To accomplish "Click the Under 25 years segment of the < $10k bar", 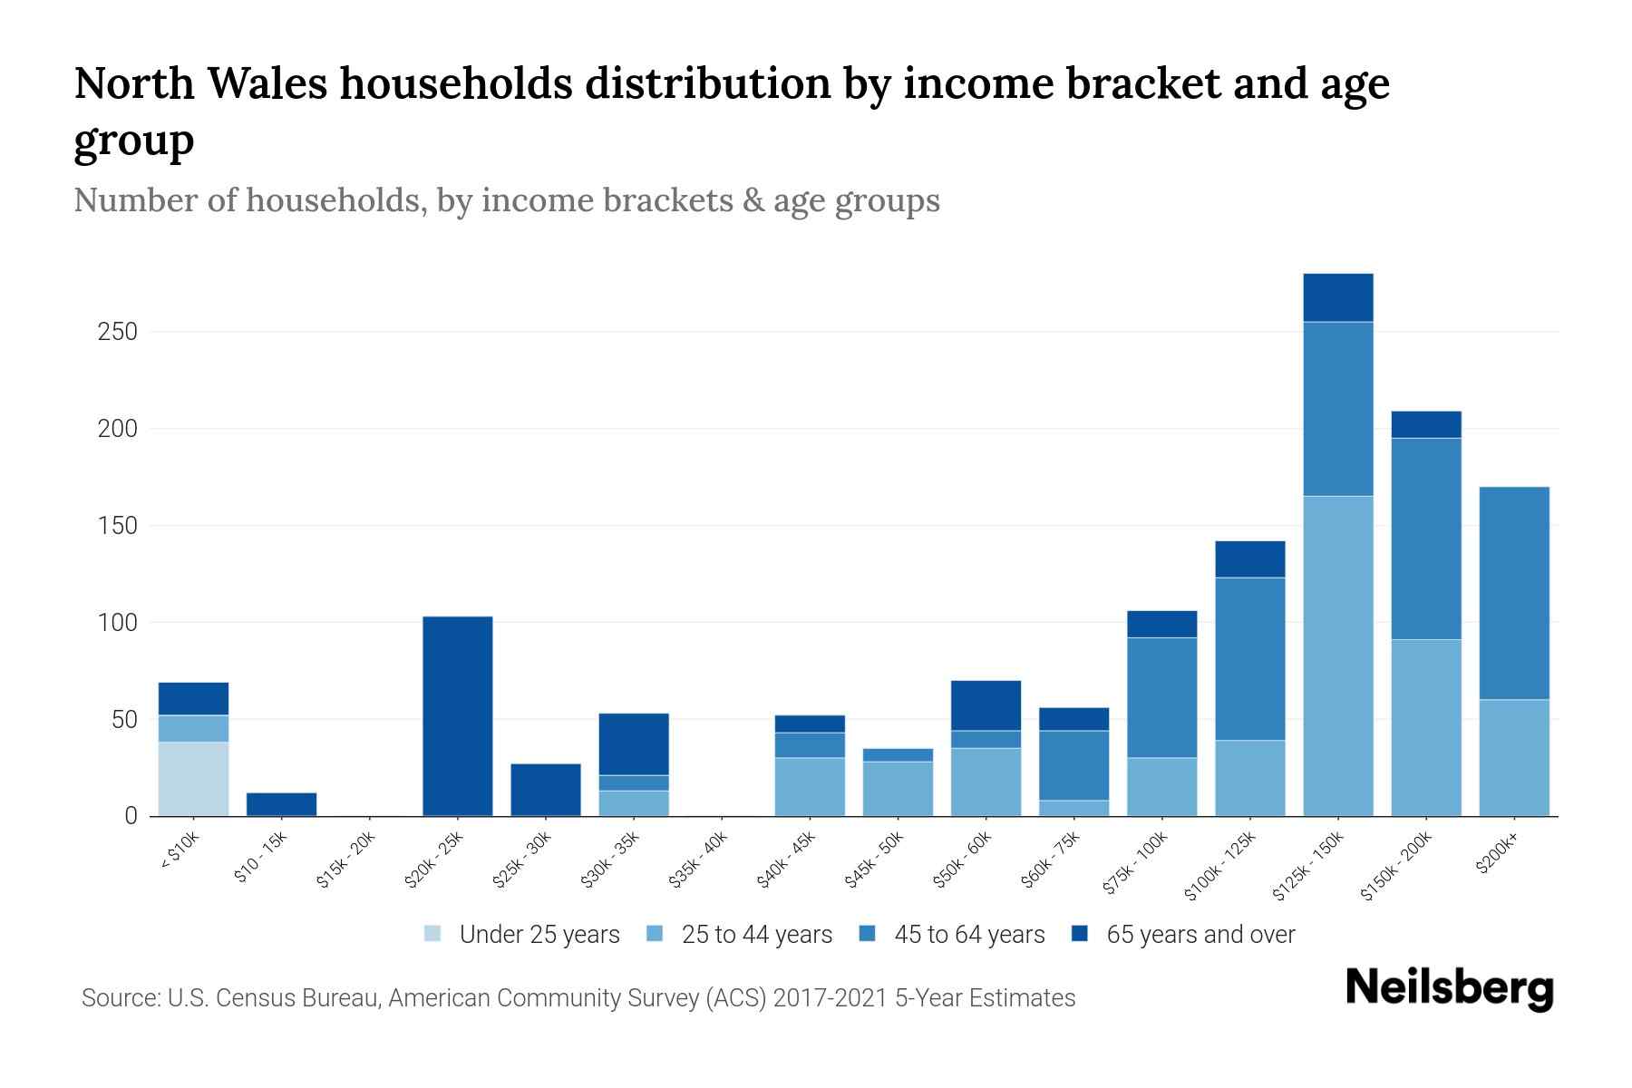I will click(193, 779).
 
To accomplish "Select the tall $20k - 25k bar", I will click(458, 716).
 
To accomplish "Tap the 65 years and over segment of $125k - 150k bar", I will click(1338, 297).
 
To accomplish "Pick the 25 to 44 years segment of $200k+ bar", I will click(1514, 757).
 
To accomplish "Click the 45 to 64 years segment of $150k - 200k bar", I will click(1426, 539).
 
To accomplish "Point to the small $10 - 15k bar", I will click(281, 804).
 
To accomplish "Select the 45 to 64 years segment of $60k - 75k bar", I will click(1073, 765).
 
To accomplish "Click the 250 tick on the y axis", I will click(118, 332).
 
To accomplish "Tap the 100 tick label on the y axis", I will click(118, 623).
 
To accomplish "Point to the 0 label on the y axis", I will click(131, 816).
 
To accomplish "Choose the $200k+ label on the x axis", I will click(1498, 856).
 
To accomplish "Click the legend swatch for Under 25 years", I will click(432, 933).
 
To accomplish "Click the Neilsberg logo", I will click(1449, 987).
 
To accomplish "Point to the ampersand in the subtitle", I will click(752, 200).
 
